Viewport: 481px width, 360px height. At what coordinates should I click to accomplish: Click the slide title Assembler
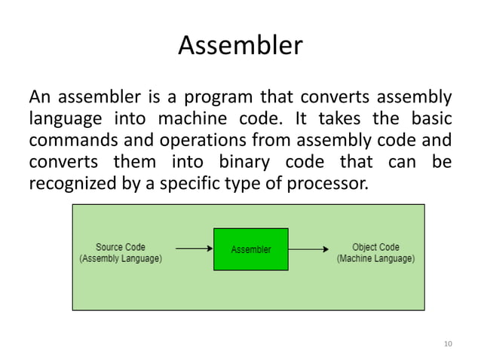[x=240, y=47]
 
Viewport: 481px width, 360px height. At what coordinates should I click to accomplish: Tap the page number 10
[x=448, y=344]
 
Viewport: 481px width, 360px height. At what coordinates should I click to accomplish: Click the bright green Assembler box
[x=250, y=249]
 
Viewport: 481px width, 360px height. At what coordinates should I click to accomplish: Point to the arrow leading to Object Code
[x=308, y=248]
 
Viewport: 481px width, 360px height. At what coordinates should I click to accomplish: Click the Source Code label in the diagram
[x=121, y=246]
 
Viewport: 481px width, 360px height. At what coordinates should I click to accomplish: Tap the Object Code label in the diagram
[x=375, y=246]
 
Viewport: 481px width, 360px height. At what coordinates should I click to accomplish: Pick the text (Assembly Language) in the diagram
[x=121, y=258]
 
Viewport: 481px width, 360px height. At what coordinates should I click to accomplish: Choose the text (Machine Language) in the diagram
[x=375, y=258]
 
